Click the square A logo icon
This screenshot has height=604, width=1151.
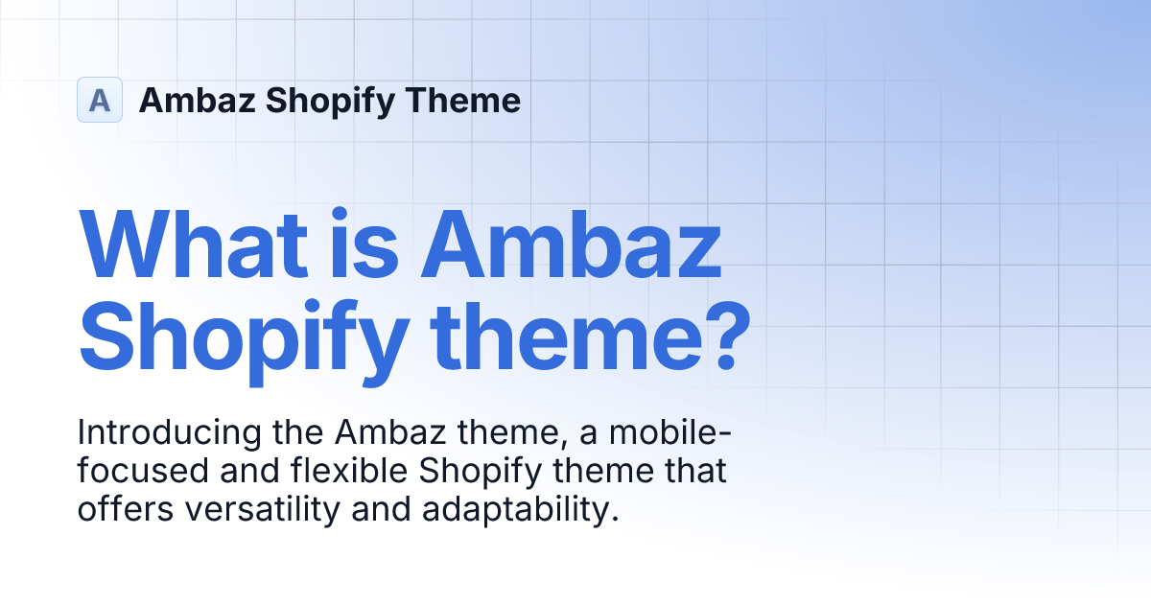coord(100,100)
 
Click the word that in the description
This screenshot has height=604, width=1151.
coord(696,472)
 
